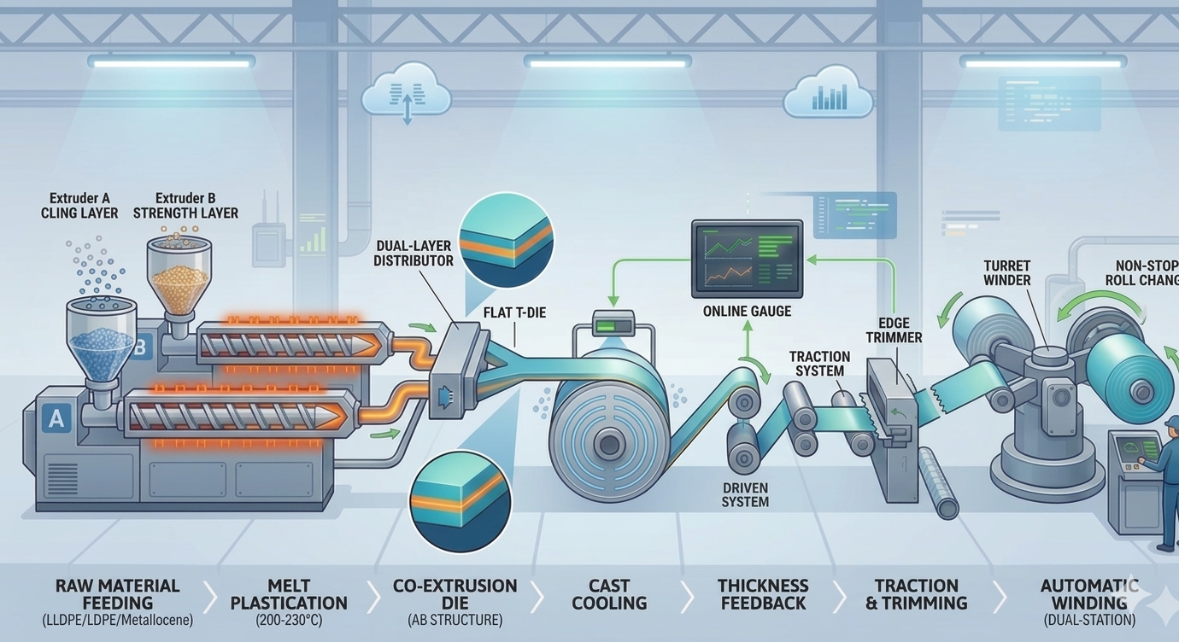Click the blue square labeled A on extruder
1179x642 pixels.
pos(57,418)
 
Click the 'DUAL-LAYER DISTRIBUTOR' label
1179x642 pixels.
pos(413,254)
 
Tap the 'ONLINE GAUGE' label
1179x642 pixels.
pos(747,312)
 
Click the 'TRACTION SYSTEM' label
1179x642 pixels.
pos(819,364)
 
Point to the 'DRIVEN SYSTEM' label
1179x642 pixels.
pos(745,494)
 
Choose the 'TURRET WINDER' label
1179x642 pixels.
pos(1007,272)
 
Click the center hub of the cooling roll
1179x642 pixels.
pos(608,443)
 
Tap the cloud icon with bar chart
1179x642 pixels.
pos(827,96)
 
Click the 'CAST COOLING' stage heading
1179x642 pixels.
pos(609,594)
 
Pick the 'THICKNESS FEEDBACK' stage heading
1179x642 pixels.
pos(762,594)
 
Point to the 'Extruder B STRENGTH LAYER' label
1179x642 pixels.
pos(185,205)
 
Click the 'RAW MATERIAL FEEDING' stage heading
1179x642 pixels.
pos(117,594)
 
